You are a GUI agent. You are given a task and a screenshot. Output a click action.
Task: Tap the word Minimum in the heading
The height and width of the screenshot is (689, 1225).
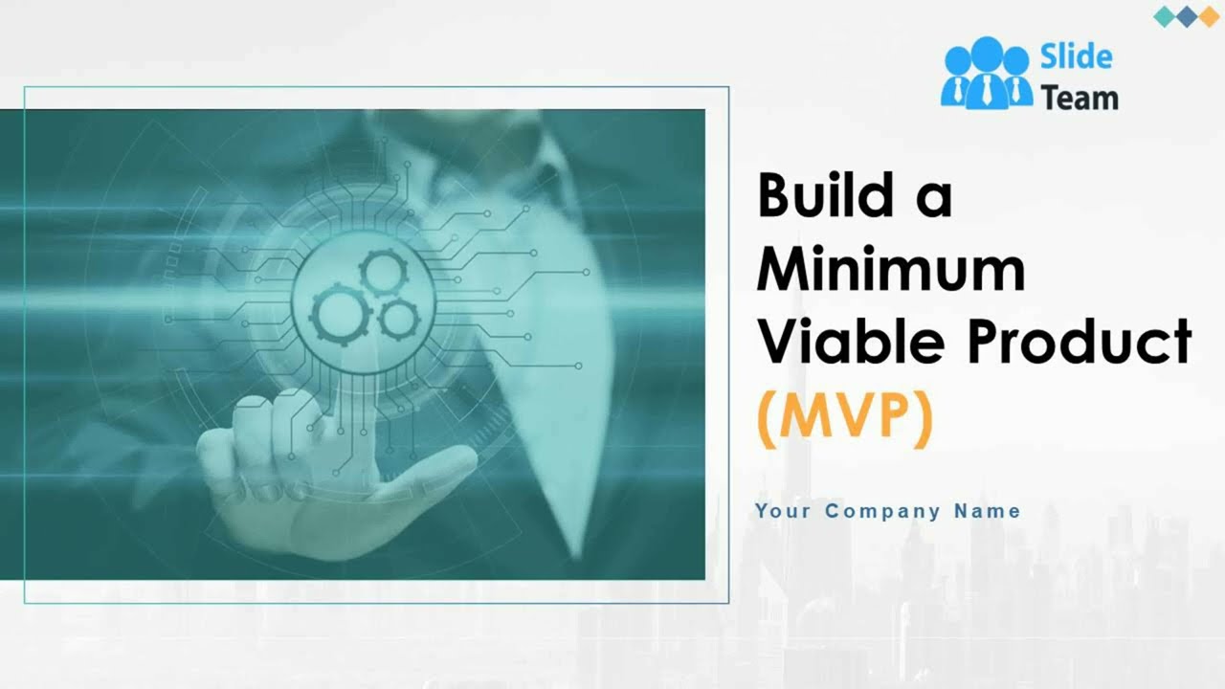click(x=891, y=270)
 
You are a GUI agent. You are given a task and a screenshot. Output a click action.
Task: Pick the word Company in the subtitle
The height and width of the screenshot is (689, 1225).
click(x=882, y=511)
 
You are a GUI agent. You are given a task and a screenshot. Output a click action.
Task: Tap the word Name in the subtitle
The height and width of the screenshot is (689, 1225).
click(x=987, y=511)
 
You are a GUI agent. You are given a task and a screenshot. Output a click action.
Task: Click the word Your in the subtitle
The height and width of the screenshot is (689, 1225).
click(x=782, y=511)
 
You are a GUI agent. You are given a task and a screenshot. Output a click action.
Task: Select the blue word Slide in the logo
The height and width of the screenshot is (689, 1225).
click(x=1076, y=57)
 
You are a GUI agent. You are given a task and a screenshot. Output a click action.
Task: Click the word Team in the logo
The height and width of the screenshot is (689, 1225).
click(x=1079, y=98)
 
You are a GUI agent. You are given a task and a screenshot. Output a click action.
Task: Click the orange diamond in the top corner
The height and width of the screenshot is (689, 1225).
click(x=1209, y=16)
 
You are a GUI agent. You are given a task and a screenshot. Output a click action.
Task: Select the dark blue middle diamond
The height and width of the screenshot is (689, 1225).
click(x=1188, y=16)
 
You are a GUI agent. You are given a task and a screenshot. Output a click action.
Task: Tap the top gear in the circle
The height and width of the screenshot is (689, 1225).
click(x=384, y=274)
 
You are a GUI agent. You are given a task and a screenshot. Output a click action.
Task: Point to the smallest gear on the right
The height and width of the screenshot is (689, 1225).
click(x=398, y=320)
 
